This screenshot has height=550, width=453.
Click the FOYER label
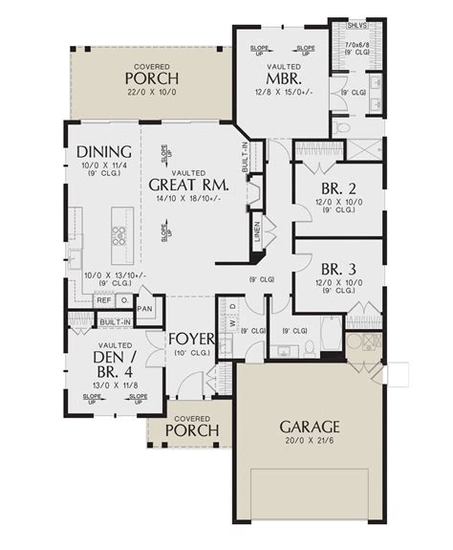click(191, 340)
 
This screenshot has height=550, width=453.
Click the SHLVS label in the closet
click(353, 27)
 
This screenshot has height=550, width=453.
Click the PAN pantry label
click(145, 309)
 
